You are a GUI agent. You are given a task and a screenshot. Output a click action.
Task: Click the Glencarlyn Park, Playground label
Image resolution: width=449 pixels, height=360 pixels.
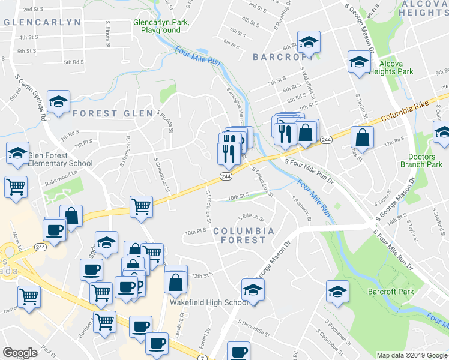pyautogui.click(x=161, y=26)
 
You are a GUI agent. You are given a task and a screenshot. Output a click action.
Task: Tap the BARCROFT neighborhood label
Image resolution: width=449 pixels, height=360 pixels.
pyautogui.click(x=279, y=57)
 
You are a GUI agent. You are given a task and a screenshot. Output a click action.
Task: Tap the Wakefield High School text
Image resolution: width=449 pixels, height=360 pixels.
pyautogui.click(x=208, y=302)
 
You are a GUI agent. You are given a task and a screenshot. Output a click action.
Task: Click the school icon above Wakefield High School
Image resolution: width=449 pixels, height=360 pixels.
pyautogui.click(x=253, y=290)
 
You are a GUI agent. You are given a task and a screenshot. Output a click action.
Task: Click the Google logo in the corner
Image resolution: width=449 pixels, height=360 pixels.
pyautogui.click(x=20, y=353)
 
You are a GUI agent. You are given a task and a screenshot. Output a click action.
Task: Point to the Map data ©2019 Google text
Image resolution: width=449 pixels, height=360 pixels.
pyautogui.click(x=411, y=355)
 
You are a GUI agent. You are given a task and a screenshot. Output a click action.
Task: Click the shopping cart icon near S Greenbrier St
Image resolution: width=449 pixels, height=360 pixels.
pyautogui.click(x=142, y=206)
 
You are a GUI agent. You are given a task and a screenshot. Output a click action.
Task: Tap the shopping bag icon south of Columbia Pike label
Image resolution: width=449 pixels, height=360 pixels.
pyautogui.click(x=363, y=137)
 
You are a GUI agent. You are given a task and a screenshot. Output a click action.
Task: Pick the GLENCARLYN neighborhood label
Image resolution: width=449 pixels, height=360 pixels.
pyautogui.click(x=42, y=22)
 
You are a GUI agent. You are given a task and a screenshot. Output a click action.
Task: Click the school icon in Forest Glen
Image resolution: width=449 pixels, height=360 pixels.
pyautogui.click(x=58, y=101)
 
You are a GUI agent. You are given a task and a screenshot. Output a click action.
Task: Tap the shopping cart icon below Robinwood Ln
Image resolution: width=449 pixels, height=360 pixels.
pyautogui.click(x=16, y=186)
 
